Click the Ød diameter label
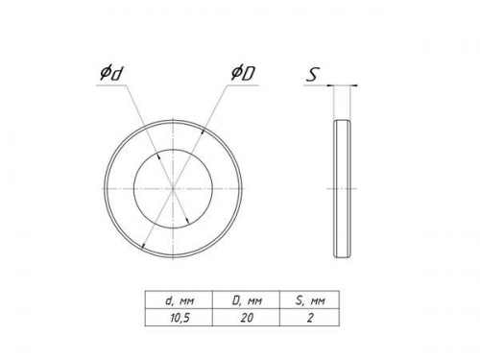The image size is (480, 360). click(111, 73)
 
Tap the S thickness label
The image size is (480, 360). click(313, 75)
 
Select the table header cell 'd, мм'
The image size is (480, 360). click(180, 300)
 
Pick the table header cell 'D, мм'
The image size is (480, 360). click(247, 300)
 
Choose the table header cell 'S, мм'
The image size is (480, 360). click(309, 300)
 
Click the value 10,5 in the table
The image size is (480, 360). click(180, 318)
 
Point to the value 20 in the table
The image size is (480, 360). click(247, 318)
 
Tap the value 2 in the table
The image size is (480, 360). click(310, 318)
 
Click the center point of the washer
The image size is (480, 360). click(173, 189)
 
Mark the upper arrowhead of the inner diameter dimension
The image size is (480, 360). click(158, 156)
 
